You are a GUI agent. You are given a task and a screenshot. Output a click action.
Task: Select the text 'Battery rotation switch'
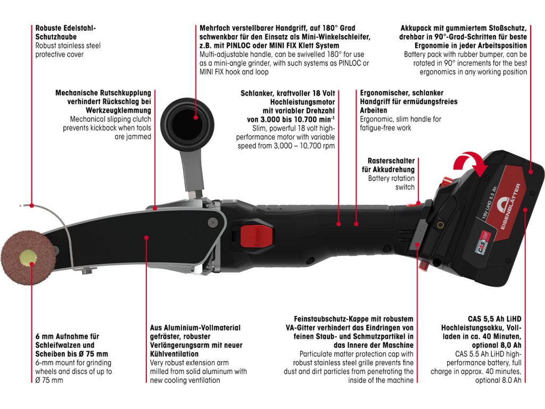(391, 183)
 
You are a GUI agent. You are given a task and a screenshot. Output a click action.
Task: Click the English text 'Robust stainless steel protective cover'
(68, 50)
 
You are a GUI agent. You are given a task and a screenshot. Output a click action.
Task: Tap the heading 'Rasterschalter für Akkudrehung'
(391, 165)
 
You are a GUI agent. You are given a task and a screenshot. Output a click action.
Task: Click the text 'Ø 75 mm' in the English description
(48, 380)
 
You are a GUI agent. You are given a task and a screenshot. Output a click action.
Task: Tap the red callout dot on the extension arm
(146, 238)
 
